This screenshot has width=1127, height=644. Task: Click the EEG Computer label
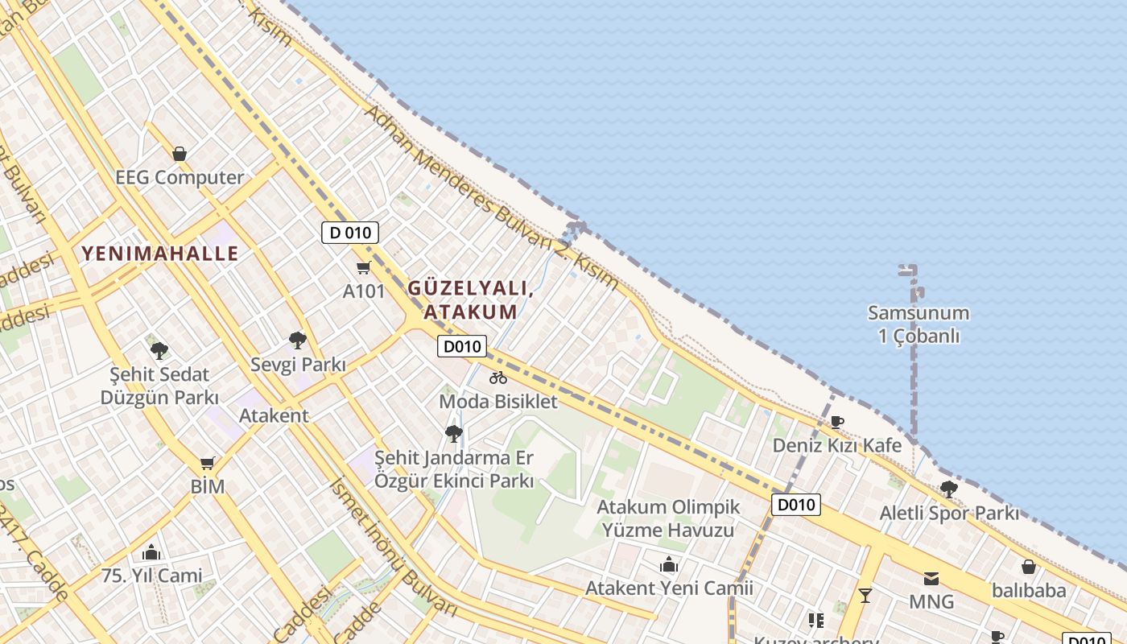(x=180, y=178)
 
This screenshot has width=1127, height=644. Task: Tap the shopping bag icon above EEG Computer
(x=180, y=154)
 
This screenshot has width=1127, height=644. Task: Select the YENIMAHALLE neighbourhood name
(x=160, y=254)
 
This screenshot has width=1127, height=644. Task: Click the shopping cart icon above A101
(x=364, y=268)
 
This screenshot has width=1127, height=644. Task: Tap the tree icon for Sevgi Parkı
(x=298, y=340)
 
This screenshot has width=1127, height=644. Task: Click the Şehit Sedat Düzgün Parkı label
(x=159, y=386)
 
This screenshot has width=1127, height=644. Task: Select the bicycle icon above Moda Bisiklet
(x=498, y=377)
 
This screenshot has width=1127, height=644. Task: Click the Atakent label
(x=274, y=415)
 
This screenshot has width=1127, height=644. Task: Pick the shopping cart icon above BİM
(x=208, y=463)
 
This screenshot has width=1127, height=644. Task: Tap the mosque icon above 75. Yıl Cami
(x=151, y=552)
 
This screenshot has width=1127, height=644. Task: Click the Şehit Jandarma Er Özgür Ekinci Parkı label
(x=454, y=469)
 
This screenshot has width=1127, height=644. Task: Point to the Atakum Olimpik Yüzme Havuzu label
(x=668, y=518)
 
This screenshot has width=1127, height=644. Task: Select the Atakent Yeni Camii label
(x=669, y=588)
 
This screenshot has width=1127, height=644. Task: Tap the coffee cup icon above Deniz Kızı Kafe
(x=837, y=421)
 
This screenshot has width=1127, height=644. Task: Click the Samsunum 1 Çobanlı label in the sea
(x=918, y=324)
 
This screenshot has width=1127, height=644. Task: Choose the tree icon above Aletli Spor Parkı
(x=949, y=489)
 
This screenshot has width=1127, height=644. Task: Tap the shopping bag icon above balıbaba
(x=1028, y=567)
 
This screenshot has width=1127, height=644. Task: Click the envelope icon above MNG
(x=931, y=578)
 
